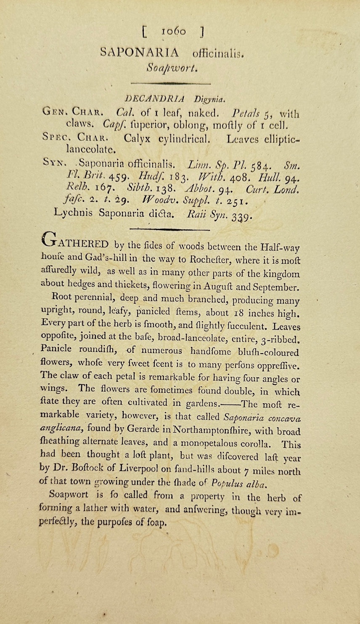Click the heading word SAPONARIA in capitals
pyautogui.click(x=140, y=53)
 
